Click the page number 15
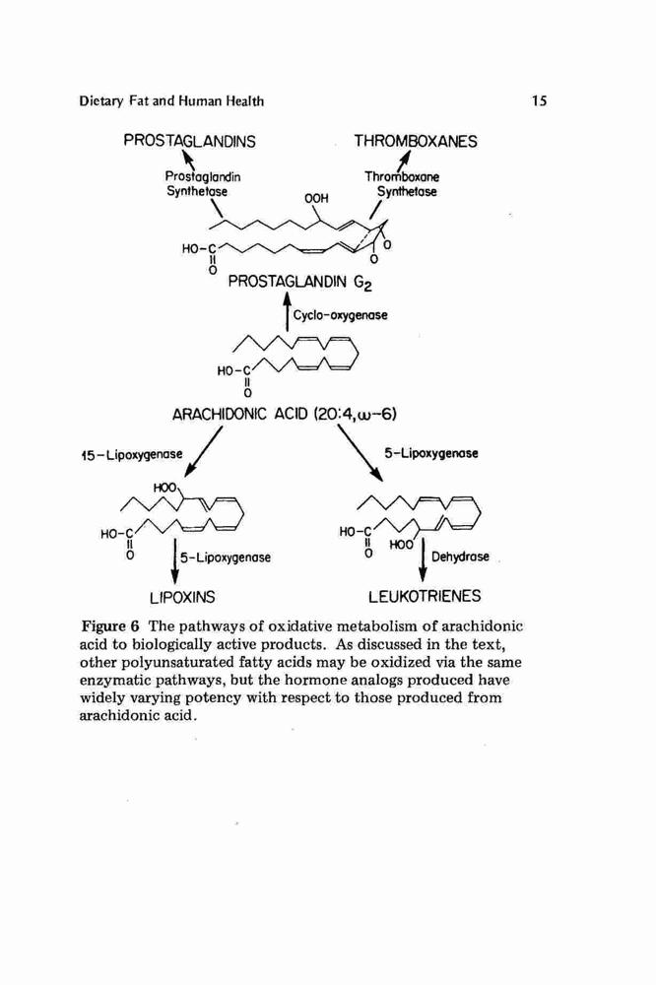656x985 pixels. [539, 100]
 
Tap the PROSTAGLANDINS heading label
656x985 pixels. [190, 141]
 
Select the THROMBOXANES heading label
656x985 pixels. [416, 141]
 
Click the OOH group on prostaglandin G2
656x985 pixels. [317, 199]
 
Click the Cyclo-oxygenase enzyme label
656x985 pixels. [341, 315]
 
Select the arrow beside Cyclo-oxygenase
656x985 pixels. [288, 311]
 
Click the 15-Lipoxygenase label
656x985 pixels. [132, 453]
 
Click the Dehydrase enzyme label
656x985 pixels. [460, 557]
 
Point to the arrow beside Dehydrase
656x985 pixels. [423, 559]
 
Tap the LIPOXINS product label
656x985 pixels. [182, 597]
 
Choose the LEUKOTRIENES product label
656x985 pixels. [425, 596]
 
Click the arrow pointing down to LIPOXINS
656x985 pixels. [174, 560]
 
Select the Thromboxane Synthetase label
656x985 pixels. [403, 184]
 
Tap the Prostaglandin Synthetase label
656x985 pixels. [201, 183]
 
